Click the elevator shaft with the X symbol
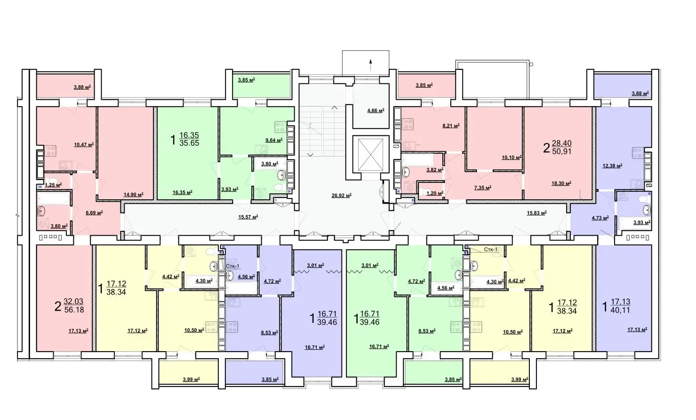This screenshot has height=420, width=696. [370, 154]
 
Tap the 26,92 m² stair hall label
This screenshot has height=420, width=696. [342, 196]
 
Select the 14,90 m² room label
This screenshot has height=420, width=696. [134, 195]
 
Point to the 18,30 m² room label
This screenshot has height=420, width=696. [561, 183]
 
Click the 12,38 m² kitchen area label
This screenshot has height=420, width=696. [612, 165]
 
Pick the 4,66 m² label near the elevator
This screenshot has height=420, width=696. [376, 110]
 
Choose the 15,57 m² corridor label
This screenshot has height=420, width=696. [248, 217]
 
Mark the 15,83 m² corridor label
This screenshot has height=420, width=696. [536, 213]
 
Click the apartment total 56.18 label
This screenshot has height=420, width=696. [74, 310]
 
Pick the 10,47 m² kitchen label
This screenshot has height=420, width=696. [84, 144]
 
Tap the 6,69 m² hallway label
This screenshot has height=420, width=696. [94, 213]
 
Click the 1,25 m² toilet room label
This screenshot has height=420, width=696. [54, 185]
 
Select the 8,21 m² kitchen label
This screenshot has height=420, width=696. [451, 126]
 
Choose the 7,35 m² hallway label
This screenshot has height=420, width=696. [482, 188]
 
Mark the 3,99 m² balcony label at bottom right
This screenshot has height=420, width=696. [520, 379]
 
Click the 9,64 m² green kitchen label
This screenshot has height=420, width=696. [274, 140]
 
